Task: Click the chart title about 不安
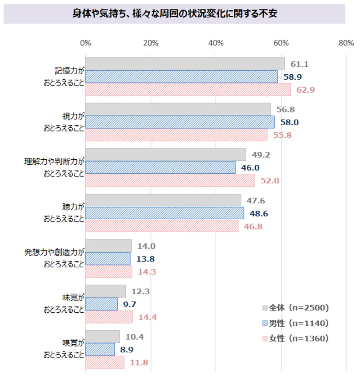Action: [x=174, y=14]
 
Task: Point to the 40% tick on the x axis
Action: [x=216, y=43]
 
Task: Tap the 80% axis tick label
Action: [x=346, y=43]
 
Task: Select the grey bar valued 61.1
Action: [x=185, y=64]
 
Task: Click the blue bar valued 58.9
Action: [x=181, y=77]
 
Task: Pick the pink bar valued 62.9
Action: [x=188, y=90]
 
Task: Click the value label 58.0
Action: [x=290, y=122]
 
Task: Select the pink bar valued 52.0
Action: [x=170, y=180]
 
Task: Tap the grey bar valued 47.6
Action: [x=163, y=200]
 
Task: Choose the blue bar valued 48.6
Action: [x=164, y=213]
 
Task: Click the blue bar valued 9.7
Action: [x=101, y=304]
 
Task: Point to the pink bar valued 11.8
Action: [x=105, y=362]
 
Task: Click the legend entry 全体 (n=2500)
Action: [x=296, y=308]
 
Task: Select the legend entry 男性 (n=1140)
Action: [x=296, y=323]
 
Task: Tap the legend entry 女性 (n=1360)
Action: [x=296, y=338]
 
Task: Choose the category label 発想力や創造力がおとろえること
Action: [x=54, y=258]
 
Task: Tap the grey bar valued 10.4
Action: [x=102, y=337]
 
